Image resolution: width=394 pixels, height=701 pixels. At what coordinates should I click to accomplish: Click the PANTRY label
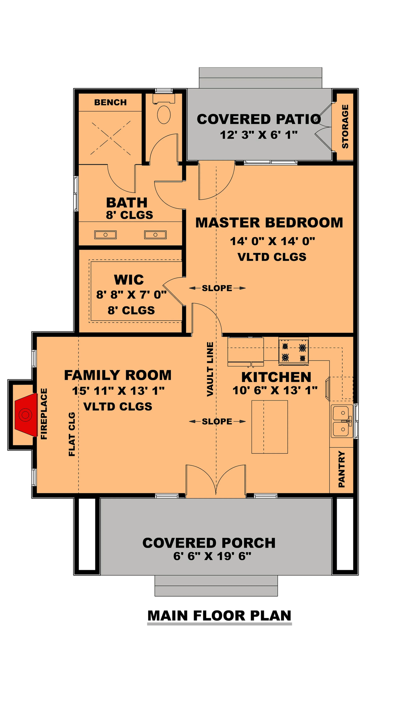point(342,469)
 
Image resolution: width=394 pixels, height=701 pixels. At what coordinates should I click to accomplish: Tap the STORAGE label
point(345,127)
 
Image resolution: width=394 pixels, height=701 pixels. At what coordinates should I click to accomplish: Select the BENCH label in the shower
point(110,102)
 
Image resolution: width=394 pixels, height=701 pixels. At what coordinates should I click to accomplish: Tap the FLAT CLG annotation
point(72,434)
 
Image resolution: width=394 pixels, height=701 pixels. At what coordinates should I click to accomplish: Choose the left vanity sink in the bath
point(105,235)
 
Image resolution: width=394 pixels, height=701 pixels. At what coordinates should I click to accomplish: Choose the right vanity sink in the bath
point(155,235)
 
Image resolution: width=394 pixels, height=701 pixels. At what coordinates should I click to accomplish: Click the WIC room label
point(129,280)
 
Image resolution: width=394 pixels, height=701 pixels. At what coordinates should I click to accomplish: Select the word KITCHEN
point(276,377)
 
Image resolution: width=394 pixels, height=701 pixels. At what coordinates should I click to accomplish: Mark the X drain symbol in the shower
point(111,138)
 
